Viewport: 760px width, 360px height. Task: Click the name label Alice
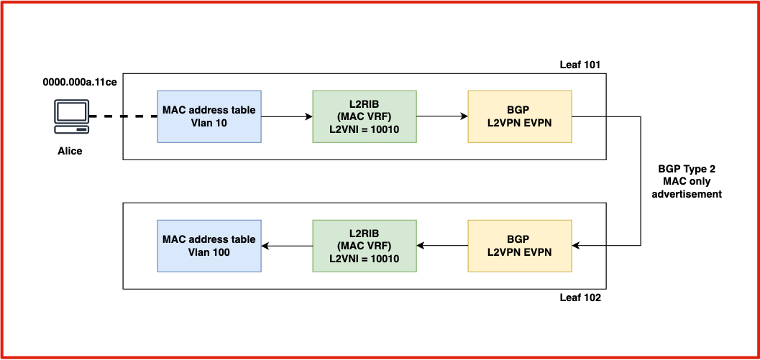click(70, 151)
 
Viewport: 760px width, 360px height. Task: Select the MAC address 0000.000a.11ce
click(80, 82)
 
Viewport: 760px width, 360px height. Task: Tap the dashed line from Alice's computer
click(123, 116)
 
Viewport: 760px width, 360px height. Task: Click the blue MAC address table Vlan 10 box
click(209, 116)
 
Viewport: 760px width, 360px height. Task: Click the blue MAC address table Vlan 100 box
click(209, 246)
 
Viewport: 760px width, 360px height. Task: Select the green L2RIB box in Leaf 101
click(364, 116)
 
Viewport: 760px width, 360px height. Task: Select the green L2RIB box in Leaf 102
click(364, 246)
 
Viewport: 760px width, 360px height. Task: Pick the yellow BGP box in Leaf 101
click(519, 116)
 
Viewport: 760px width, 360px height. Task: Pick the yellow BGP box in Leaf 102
click(519, 246)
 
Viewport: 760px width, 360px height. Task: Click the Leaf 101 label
click(580, 65)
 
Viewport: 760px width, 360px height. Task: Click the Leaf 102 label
click(580, 297)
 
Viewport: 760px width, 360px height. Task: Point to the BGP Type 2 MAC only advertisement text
click(687, 181)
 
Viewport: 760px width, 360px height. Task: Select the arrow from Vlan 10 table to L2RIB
click(287, 116)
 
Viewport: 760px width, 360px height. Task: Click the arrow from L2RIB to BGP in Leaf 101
click(441, 116)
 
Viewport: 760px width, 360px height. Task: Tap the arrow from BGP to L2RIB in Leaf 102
click(441, 246)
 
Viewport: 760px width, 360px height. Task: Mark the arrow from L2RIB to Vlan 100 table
click(287, 246)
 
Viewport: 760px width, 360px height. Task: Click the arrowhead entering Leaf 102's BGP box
click(576, 246)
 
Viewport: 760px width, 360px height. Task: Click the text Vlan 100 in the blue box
click(209, 252)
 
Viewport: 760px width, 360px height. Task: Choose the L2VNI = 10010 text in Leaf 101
click(364, 129)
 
